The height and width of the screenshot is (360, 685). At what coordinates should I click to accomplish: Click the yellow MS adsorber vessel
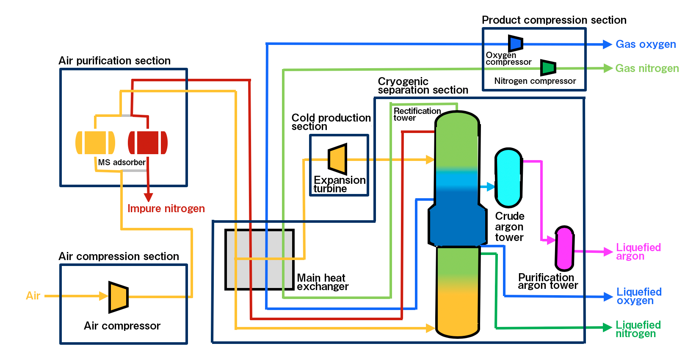(95, 143)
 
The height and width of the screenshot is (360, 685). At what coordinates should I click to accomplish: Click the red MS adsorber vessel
(148, 143)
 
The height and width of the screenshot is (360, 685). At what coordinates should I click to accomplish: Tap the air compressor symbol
(119, 297)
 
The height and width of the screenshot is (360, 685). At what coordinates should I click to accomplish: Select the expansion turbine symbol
(338, 159)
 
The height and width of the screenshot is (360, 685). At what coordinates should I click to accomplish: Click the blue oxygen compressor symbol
(516, 43)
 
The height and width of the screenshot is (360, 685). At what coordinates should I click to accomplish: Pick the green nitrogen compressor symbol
(548, 67)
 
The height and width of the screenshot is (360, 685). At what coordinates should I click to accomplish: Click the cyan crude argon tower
(508, 177)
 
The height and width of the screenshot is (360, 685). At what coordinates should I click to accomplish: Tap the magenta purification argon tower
(564, 248)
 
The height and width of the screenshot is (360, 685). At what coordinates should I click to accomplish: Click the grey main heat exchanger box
(260, 260)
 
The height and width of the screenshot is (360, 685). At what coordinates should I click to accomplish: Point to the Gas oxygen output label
(646, 44)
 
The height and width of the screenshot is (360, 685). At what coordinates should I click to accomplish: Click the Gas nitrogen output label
(647, 68)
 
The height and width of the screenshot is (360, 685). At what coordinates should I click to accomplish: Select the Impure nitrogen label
(166, 208)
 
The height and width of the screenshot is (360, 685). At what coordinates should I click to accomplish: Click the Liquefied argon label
(638, 252)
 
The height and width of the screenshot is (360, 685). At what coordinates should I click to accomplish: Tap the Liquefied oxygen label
(638, 296)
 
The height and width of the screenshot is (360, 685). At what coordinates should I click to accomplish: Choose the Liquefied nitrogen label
(638, 329)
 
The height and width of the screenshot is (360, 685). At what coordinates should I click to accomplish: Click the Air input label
(33, 296)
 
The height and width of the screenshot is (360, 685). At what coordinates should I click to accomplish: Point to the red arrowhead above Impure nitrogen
(148, 197)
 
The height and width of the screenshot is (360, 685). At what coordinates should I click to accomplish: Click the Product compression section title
(554, 20)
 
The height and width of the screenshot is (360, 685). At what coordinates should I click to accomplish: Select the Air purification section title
(114, 61)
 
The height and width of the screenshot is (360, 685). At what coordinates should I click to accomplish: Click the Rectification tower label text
(417, 114)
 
